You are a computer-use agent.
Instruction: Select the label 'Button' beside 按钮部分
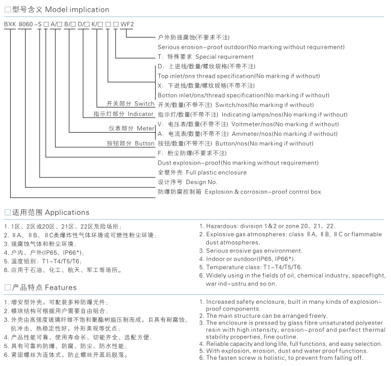[144, 143]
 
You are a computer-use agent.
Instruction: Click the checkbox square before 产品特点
[7, 288]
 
